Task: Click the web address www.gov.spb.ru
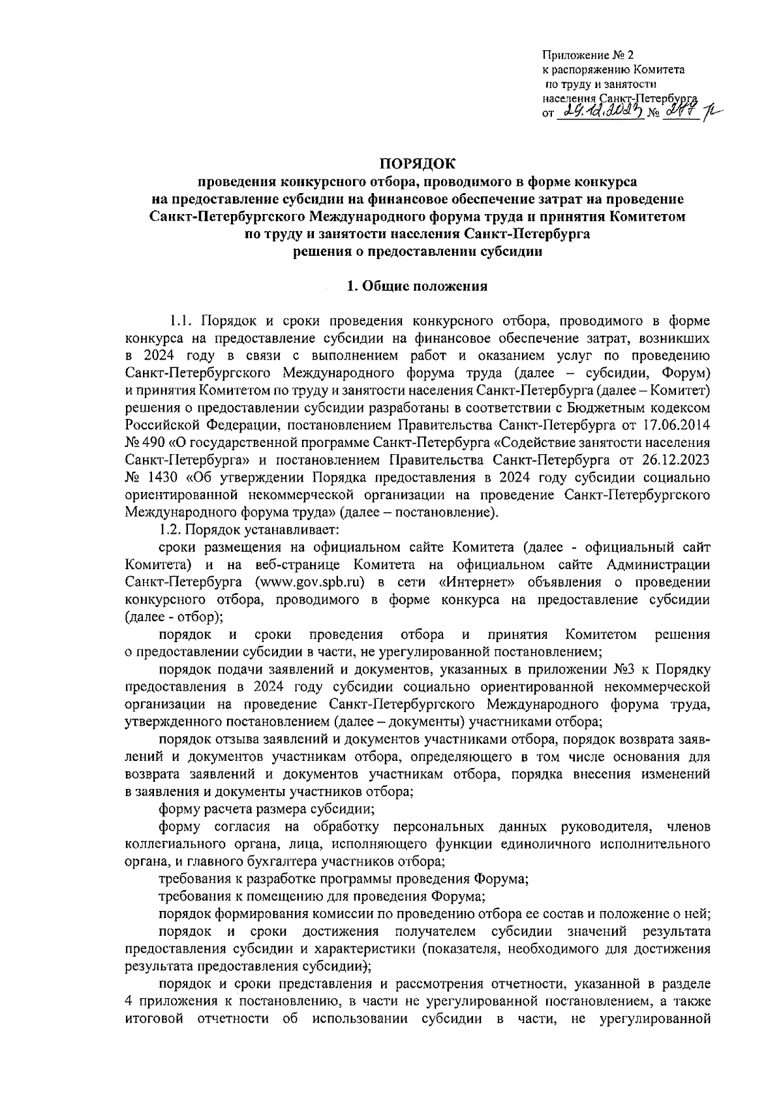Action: pyautogui.click(x=310, y=581)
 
